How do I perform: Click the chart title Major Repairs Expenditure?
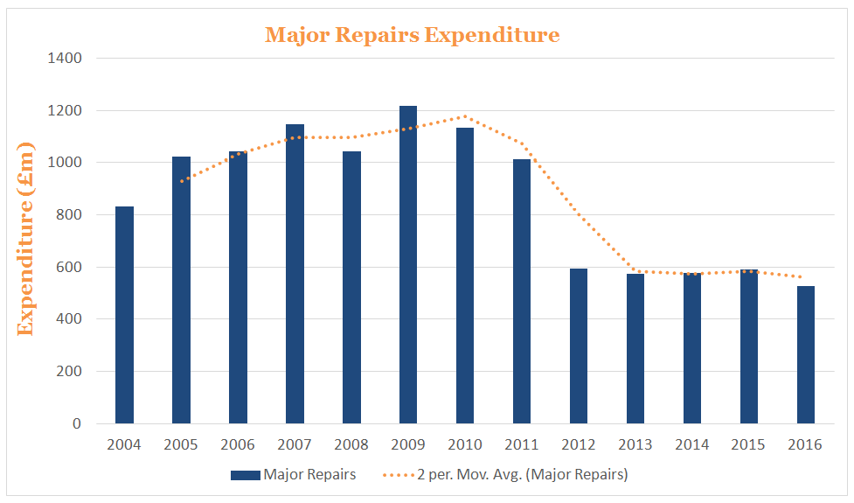click(412, 35)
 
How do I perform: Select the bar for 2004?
click(124, 315)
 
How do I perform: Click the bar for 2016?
click(806, 355)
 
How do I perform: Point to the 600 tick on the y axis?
click(69, 267)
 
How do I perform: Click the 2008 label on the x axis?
click(351, 445)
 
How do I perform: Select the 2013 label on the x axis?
click(635, 445)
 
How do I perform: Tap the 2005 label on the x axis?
click(181, 445)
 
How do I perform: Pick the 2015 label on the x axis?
click(749, 445)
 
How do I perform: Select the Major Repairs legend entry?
click(294, 475)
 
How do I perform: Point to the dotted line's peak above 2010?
click(465, 116)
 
